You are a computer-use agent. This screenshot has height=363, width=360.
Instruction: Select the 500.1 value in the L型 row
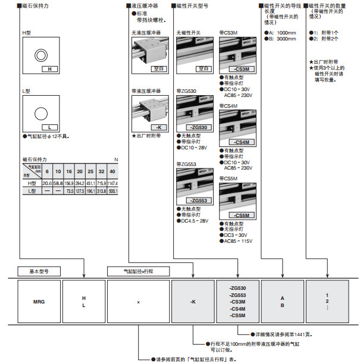coord(113,191)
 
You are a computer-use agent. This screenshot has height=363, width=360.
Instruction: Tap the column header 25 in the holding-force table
coord(91,171)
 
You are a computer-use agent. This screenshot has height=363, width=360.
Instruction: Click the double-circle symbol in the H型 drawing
coord(40,56)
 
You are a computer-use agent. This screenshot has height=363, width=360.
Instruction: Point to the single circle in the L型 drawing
coord(40,114)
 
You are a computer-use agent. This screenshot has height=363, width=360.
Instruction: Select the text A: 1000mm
coord(280,33)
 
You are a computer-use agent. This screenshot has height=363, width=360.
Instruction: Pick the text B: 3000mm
coord(280,39)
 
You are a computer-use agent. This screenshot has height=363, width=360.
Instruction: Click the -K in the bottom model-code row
coord(193,302)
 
